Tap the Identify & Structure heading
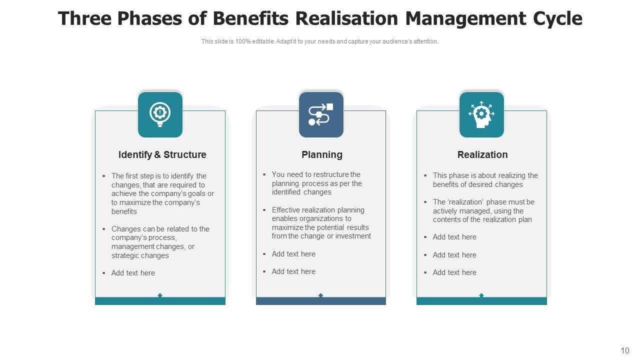162,155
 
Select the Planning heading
321,155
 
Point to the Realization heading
482,155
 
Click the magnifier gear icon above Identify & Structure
160,114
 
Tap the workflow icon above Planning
321,114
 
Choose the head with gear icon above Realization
481,114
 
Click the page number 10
625,351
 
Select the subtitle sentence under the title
320,41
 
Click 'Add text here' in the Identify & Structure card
133,273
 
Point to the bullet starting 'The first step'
162,193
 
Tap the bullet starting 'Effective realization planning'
321,223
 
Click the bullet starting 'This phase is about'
485,180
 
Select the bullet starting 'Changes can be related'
160,242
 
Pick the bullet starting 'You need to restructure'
316,183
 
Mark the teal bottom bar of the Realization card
481,301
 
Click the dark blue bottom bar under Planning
321,301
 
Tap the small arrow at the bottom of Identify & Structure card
160,295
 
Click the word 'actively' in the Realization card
446,211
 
